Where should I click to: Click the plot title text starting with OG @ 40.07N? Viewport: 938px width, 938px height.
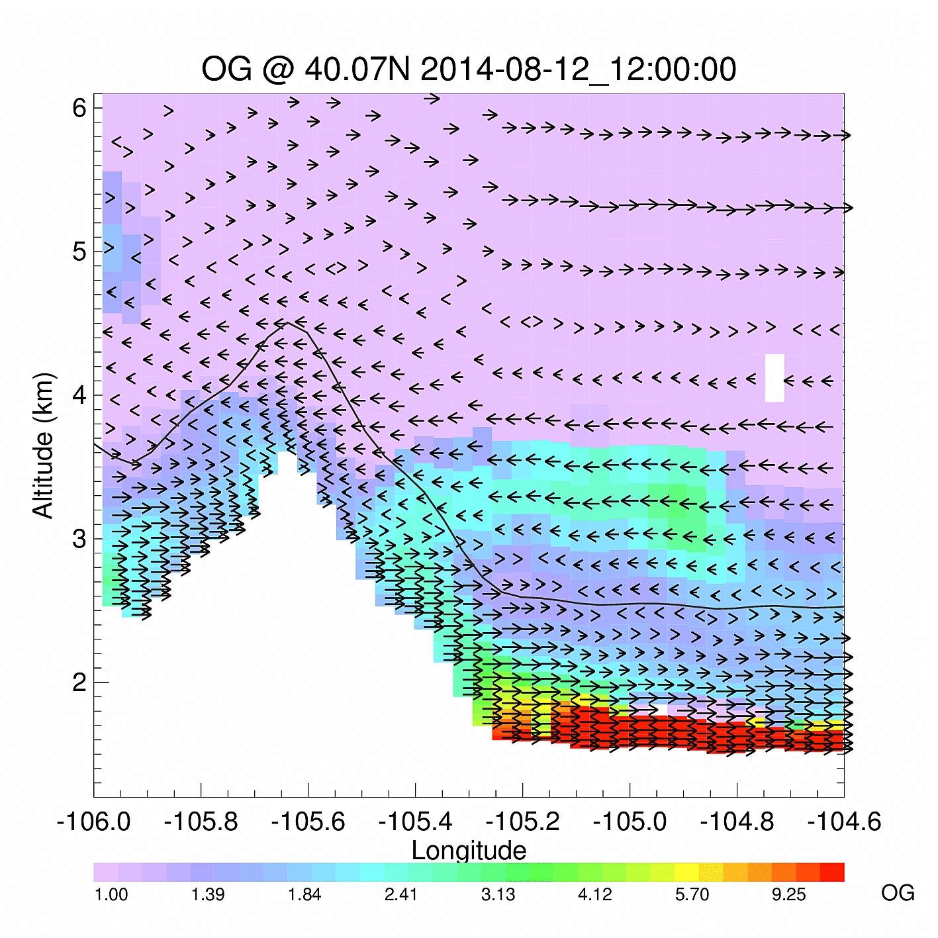coord(469,70)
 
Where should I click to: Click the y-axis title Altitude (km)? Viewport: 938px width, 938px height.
coord(43,445)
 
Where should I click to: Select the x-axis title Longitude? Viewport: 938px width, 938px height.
coord(469,850)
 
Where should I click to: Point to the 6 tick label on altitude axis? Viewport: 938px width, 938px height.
coord(79,107)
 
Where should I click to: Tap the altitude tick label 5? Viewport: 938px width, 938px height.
coord(79,252)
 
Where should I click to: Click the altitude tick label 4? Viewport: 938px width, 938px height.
coord(79,395)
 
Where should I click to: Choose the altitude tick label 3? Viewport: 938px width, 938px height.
coord(79,539)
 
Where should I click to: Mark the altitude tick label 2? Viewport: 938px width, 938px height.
coord(79,682)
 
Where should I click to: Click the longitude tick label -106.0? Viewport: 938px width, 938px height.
coord(93,821)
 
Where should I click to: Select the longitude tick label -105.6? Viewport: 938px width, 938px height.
coord(308,821)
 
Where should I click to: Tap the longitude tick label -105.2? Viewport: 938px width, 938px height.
coord(522,821)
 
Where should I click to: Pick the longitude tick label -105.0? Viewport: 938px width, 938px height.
coord(630,821)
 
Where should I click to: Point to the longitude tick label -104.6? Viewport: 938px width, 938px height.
coord(844,821)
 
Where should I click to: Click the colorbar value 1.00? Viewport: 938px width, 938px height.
coord(111,895)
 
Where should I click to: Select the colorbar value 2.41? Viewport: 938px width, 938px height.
coord(401,895)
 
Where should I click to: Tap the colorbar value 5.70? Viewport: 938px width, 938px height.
coord(692,895)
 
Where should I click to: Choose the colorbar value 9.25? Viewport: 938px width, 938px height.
coord(788,895)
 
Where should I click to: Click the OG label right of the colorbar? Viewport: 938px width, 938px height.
coord(898,893)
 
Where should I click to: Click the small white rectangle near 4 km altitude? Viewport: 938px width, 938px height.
coord(774,378)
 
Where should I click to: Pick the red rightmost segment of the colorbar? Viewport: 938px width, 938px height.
coord(832,872)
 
